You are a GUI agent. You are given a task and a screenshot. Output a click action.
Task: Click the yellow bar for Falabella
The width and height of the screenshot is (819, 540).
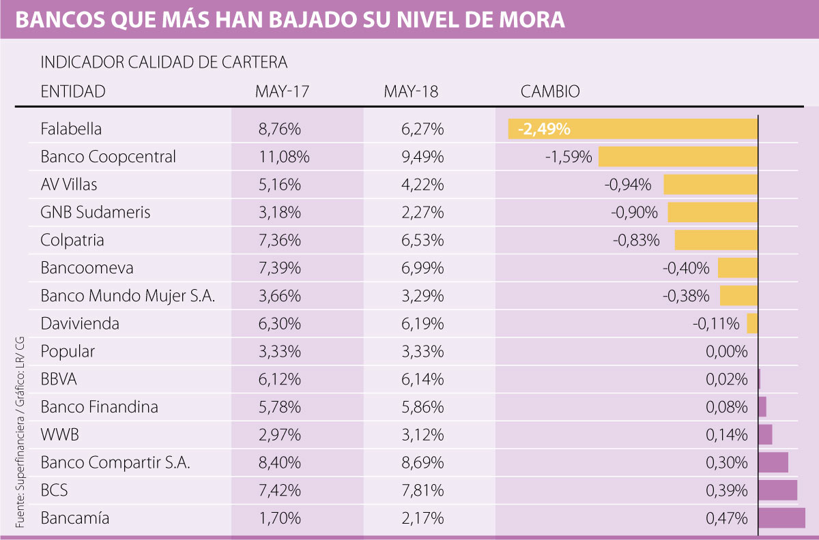pyautogui.click(x=633, y=129)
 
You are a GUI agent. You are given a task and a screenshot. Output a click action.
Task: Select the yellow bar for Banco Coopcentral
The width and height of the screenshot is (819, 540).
pyautogui.click(x=678, y=157)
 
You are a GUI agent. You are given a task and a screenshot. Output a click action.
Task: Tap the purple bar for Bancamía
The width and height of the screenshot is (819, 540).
pyautogui.click(x=781, y=518)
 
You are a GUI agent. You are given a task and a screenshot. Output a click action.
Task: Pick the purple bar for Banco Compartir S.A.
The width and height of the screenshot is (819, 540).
pyautogui.click(x=773, y=462)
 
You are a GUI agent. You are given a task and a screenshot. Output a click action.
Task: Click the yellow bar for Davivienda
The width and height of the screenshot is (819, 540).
pyautogui.click(x=752, y=323)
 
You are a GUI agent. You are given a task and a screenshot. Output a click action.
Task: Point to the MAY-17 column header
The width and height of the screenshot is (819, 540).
pyautogui.click(x=283, y=91)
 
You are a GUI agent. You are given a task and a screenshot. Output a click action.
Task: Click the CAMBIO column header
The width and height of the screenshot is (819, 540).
pyautogui.click(x=550, y=91)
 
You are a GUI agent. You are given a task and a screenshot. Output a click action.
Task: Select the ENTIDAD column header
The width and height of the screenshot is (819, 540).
pyautogui.click(x=73, y=91)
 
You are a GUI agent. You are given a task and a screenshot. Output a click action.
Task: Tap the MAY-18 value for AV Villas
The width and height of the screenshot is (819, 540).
pyautogui.click(x=423, y=185)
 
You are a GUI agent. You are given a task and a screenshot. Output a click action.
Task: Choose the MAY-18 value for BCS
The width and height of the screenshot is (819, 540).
pyautogui.click(x=423, y=490)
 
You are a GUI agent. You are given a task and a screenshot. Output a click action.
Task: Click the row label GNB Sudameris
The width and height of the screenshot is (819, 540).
pyautogui.click(x=96, y=213)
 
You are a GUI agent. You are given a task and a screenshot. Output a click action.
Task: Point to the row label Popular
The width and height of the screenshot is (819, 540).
pyautogui.click(x=68, y=352)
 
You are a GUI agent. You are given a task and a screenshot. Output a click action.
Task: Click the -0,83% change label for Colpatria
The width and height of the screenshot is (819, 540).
pyautogui.click(x=636, y=241)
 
